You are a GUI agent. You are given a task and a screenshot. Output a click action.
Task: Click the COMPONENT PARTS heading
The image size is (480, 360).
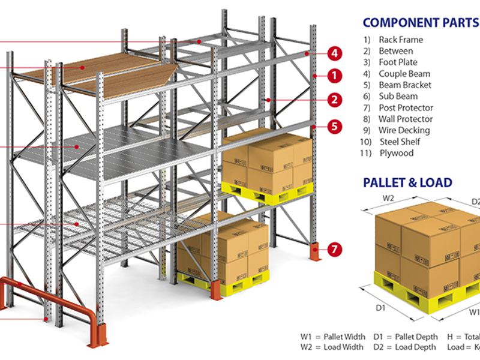point(420,23)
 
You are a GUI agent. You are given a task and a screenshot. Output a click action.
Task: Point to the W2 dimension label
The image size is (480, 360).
point(388,199)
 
